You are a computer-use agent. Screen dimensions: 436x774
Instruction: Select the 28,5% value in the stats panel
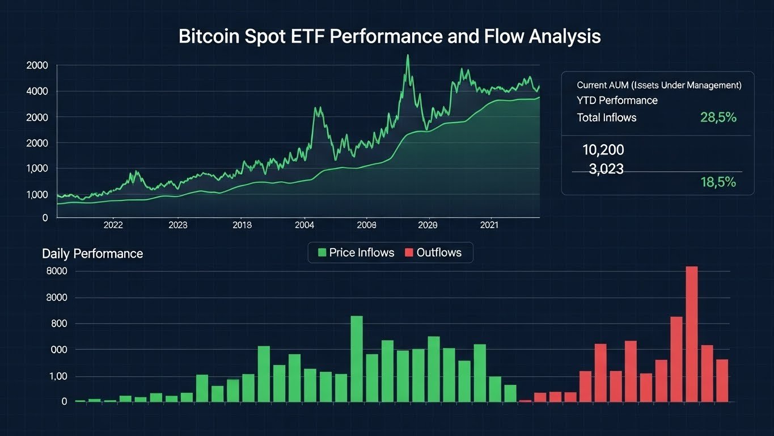[718, 118]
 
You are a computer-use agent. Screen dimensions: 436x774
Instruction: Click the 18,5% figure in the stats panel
[718, 182]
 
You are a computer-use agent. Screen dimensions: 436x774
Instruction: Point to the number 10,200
[603, 150]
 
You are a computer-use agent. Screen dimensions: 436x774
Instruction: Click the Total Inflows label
[606, 118]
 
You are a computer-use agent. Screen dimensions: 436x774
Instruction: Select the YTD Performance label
[617, 100]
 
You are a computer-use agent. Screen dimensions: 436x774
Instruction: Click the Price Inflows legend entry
[356, 253]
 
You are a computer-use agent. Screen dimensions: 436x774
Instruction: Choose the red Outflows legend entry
[433, 253]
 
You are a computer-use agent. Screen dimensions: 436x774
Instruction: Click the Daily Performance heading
[92, 253]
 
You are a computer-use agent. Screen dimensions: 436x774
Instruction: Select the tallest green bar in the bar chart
[356, 359]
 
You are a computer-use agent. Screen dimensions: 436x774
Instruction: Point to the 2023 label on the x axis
[177, 225]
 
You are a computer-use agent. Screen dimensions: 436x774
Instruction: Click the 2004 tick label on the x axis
[304, 225]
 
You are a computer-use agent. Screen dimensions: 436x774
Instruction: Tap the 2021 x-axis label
[489, 225]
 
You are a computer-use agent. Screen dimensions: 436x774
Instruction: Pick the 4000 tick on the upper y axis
[37, 91]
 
